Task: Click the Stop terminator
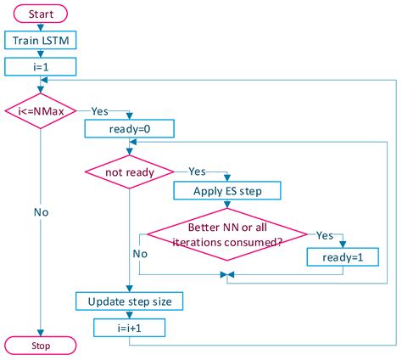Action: point(41,346)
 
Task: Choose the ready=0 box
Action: point(129,129)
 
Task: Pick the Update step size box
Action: point(128,301)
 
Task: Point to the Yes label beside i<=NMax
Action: point(100,110)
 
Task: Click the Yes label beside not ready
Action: point(197,171)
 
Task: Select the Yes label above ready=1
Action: point(325,233)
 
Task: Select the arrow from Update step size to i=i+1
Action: point(128,312)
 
